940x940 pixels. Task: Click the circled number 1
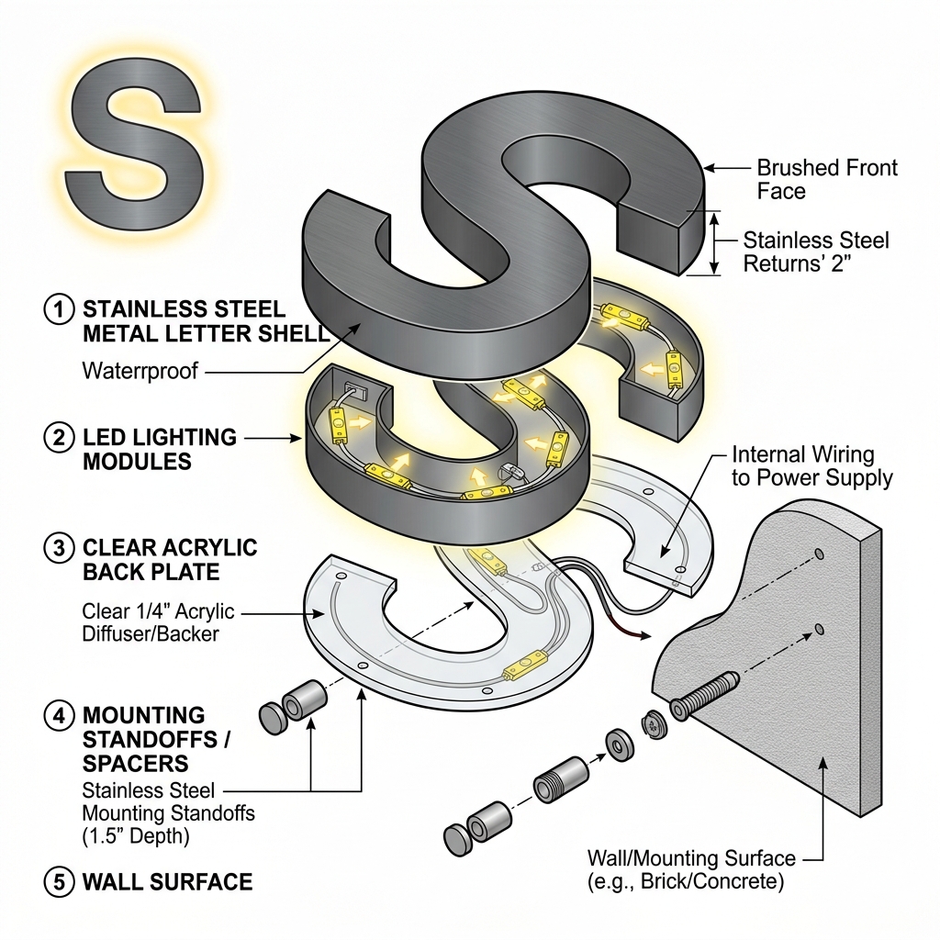click(x=59, y=309)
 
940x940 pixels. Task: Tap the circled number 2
click(x=59, y=437)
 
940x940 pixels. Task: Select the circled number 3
click(x=59, y=548)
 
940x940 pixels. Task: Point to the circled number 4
click(x=59, y=716)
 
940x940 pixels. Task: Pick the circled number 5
click(x=59, y=882)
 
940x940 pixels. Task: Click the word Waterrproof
click(x=140, y=371)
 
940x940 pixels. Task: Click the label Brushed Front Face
click(x=827, y=179)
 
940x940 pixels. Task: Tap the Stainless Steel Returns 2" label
click(x=816, y=252)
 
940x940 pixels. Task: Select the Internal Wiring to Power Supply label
click(x=811, y=465)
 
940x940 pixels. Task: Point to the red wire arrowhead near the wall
click(x=645, y=635)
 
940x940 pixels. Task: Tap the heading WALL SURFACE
click(x=167, y=882)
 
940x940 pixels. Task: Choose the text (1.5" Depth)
click(x=136, y=835)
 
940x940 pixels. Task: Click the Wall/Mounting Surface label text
click(x=691, y=869)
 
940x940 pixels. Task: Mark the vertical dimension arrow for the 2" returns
click(x=714, y=243)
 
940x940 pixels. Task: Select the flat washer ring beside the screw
click(x=620, y=746)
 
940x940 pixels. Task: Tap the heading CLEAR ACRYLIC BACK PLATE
click(x=170, y=559)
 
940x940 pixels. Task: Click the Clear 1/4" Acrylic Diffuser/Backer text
click(x=158, y=623)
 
